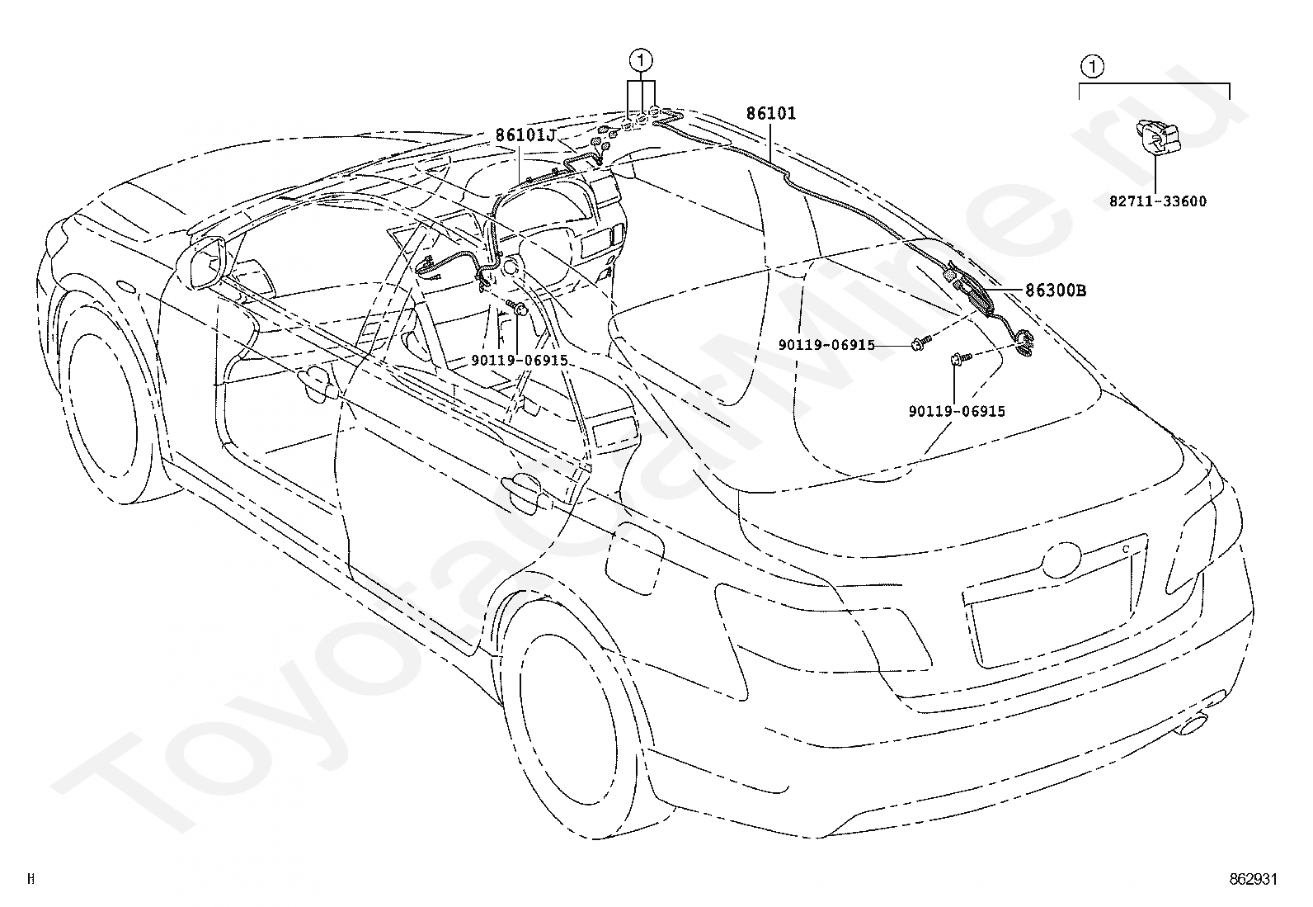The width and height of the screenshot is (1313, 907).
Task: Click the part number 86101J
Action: (525, 135)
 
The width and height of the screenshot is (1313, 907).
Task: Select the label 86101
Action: (771, 113)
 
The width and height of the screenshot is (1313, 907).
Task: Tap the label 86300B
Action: (1056, 290)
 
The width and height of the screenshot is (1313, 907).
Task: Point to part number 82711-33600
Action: (1158, 201)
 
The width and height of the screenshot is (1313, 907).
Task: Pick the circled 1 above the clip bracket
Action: (1092, 66)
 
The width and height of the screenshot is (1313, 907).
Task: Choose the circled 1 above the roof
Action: (642, 60)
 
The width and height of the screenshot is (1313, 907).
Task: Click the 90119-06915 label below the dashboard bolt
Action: (520, 360)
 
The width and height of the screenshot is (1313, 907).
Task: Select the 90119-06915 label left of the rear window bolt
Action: (826, 345)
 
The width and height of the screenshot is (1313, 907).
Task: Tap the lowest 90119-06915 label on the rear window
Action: (957, 411)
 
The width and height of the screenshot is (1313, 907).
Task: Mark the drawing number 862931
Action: (1253, 878)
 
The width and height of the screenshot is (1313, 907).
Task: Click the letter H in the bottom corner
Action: (31, 878)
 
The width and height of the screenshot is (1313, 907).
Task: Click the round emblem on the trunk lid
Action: (1061, 560)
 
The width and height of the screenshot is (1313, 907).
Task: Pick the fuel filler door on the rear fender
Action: (633, 559)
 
